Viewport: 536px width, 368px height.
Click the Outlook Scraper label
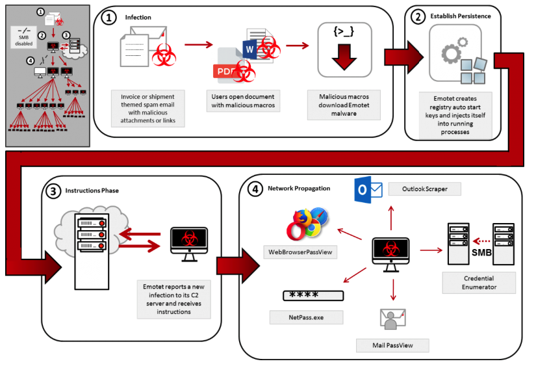pos(425,189)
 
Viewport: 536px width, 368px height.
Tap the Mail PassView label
pos(392,345)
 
